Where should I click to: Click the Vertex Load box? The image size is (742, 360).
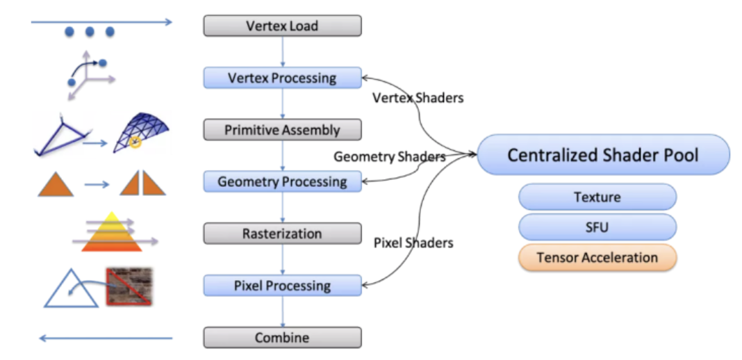coord(282,26)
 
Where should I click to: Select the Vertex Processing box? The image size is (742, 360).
coord(282,78)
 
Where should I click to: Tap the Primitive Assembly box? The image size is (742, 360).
coord(282,130)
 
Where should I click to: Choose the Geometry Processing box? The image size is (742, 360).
coord(282,182)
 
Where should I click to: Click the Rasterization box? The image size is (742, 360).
coord(282,234)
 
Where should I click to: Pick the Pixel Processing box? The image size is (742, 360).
coord(282,286)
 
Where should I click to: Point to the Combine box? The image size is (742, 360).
coord(282,338)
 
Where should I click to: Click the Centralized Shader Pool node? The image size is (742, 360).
coord(603,154)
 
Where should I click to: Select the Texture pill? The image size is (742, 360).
coord(597,197)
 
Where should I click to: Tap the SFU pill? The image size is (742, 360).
coord(597,227)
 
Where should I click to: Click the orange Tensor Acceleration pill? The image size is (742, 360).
coord(597,257)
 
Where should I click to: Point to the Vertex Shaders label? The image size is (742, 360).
coord(418,98)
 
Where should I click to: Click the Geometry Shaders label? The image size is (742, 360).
coord(389,157)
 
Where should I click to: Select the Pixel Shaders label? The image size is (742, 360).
coord(413,243)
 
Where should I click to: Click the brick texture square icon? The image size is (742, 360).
coord(129,286)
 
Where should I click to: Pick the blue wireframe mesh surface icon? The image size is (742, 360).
coord(143,132)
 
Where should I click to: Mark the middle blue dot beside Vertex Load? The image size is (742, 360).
coord(90,32)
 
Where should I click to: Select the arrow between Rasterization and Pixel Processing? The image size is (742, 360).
coord(283,260)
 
